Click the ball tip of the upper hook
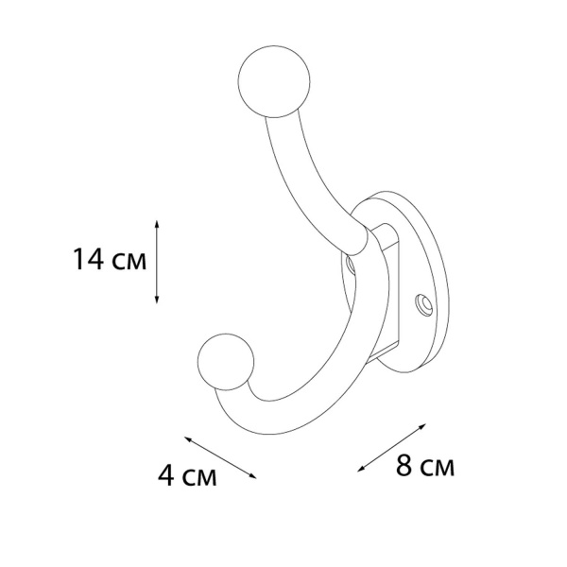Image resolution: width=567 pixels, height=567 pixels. (x=274, y=81)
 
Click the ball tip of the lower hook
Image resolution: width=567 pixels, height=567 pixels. (x=226, y=362)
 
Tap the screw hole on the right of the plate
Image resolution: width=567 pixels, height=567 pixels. (x=424, y=304)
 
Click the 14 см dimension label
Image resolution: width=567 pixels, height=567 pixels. (x=110, y=259)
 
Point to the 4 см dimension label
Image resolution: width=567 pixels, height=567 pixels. (x=187, y=475)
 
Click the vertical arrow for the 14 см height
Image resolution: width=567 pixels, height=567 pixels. (x=157, y=262)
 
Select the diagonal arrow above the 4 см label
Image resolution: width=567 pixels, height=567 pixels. (x=220, y=457)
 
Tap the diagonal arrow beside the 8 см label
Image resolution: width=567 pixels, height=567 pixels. (x=391, y=448)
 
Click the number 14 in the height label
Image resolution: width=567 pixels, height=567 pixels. (x=89, y=259)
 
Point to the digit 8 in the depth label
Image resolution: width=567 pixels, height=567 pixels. (x=404, y=465)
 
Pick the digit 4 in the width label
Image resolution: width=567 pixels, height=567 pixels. (x=166, y=475)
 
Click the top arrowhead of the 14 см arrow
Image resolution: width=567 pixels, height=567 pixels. (x=157, y=223)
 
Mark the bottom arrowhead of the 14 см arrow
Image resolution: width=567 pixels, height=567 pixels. (x=157, y=300)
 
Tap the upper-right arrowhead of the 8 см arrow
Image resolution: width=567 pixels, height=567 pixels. (x=422, y=426)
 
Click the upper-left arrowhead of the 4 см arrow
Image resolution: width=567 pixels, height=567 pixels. (x=188, y=438)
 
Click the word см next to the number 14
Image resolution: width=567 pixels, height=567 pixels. (x=129, y=262)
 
